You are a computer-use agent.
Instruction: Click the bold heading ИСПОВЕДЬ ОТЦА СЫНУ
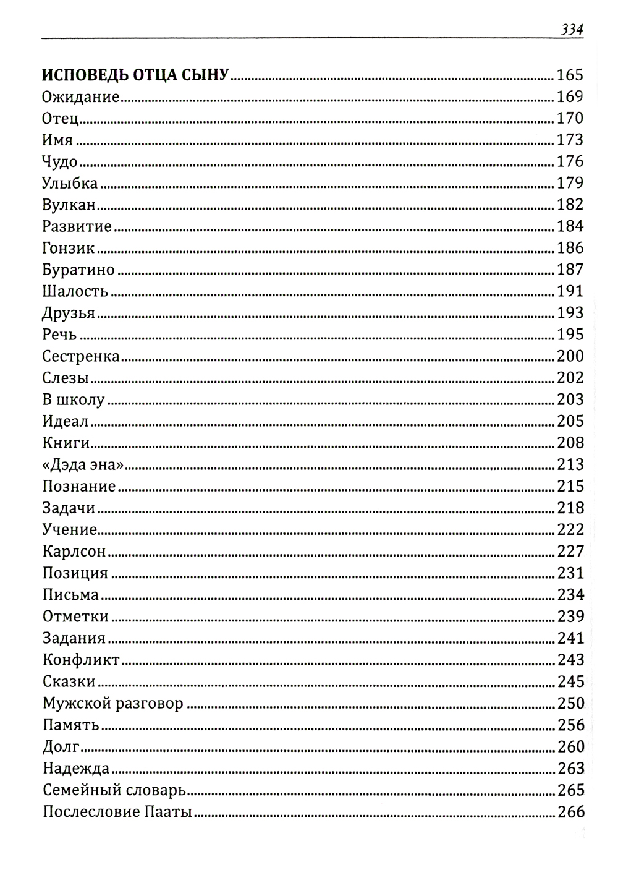(x=135, y=75)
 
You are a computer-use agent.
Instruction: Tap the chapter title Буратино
(x=78, y=270)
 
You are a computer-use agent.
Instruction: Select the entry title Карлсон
(x=75, y=551)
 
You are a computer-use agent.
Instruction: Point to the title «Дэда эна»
(x=79, y=464)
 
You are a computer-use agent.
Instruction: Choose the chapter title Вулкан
(x=69, y=205)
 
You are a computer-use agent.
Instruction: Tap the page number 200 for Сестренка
(x=570, y=356)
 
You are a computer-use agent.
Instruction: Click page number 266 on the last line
(x=570, y=811)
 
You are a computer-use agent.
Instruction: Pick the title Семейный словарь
(x=114, y=790)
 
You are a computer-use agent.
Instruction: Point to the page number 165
(x=570, y=75)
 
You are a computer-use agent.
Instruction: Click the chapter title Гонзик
(x=69, y=248)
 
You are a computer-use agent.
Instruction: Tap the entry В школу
(x=74, y=399)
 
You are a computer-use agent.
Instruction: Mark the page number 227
(x=570, y=551)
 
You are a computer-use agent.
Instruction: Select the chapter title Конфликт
(x=81, y=660)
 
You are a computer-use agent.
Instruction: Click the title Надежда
(x=76, y=769)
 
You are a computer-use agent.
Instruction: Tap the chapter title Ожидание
(x=80, y=97)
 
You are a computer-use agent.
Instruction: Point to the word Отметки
(x=75, y=617)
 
